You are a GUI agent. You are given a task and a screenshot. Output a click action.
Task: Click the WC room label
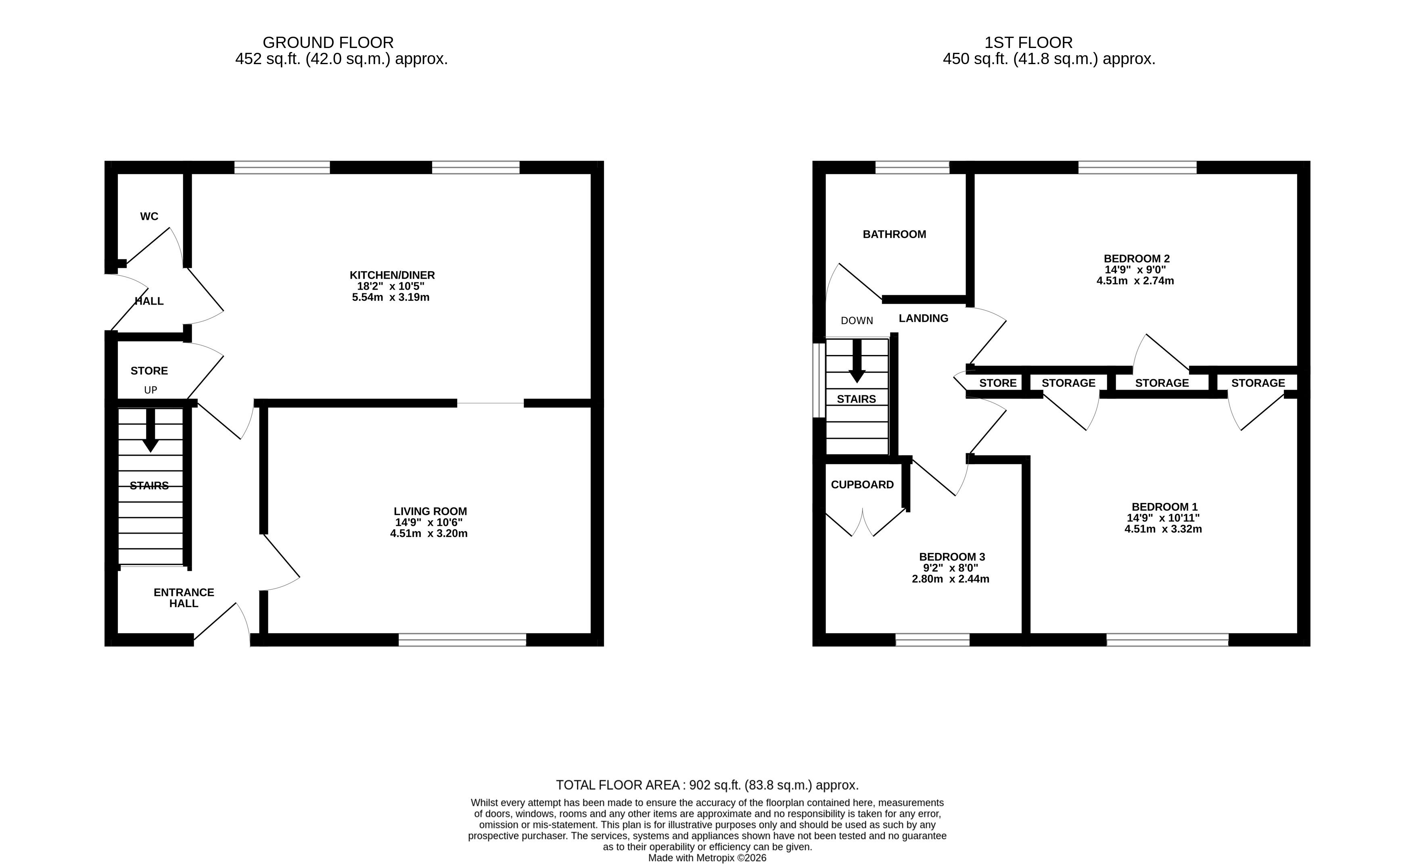149,217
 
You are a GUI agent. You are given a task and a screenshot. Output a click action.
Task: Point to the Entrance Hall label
184,598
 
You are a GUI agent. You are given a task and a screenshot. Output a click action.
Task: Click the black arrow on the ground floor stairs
150,430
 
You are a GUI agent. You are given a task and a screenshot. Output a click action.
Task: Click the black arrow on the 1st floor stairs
857,361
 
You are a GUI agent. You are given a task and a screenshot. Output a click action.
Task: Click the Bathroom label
894,234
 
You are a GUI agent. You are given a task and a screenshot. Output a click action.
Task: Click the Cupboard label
862,484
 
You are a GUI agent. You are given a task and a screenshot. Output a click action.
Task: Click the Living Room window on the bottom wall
462,640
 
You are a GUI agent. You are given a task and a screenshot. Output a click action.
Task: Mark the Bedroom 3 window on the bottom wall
932,640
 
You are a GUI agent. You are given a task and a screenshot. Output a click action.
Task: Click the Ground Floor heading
328,42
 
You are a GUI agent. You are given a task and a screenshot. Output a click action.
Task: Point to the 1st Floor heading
1028,42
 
